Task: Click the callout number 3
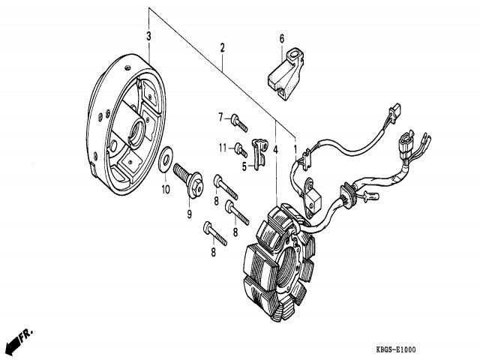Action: coord(148,36)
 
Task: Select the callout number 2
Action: coord(222,48)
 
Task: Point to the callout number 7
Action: coord(221,116)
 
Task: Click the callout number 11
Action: coord(223,146)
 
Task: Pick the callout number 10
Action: coord(166,189)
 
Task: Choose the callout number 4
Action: coord(275,150)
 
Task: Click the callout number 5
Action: coord(244,165)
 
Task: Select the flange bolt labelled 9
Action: coord(188,182)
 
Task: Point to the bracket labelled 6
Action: coord(285,73)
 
